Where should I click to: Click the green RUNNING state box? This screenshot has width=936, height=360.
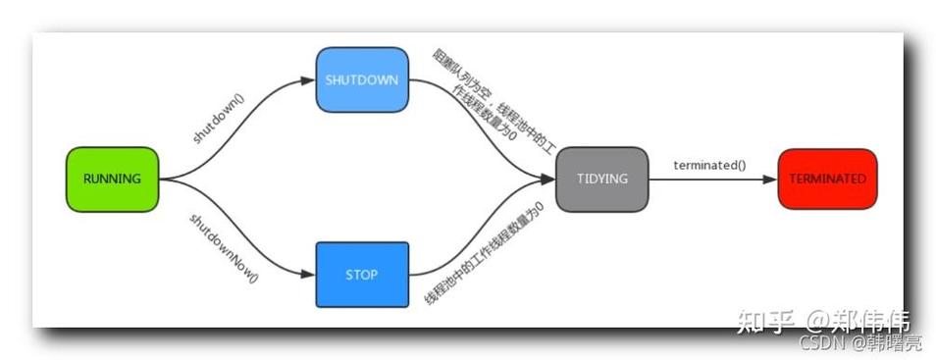112,180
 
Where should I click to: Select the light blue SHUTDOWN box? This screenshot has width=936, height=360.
361,79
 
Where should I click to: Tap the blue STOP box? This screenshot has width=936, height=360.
361,275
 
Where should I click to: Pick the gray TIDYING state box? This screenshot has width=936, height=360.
601,180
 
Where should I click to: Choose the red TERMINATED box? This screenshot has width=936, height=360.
826,180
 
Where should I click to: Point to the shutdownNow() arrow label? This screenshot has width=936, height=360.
223,246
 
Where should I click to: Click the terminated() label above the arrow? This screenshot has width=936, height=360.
708,165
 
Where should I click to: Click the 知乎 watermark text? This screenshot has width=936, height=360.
764,321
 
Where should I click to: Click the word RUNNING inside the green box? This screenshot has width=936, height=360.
112,180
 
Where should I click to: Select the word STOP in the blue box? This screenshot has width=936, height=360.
361,275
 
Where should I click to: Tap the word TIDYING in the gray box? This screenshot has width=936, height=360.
601,180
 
